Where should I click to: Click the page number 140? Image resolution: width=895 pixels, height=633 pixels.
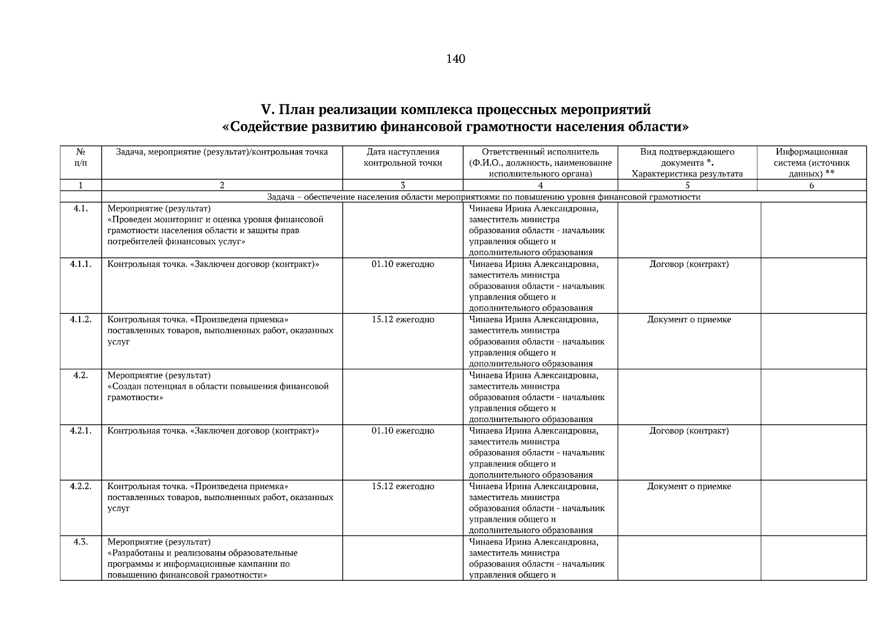tap(455, 59)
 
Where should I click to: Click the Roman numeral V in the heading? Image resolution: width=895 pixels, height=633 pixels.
tap(266, 110)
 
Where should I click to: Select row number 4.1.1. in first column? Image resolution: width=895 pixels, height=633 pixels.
tap(80, 264)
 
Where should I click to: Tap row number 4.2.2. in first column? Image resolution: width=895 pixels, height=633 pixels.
tap(80, 486)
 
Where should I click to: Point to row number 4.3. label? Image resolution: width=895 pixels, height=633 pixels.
tap(80, 542)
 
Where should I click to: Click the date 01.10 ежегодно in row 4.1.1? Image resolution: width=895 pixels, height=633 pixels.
tap(402, 264)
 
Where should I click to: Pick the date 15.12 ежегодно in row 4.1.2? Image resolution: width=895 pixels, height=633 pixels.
tap(402, 320)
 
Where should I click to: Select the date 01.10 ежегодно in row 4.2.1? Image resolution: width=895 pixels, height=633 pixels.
tap(402, 431)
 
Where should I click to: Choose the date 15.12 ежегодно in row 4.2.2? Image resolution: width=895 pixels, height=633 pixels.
tap(402, 486)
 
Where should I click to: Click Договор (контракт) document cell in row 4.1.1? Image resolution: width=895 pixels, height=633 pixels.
tap(689, 264)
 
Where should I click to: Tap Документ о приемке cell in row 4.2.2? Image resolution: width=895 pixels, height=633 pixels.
tap(689, 486)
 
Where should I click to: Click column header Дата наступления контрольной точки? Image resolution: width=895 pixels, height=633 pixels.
tap(402, 158)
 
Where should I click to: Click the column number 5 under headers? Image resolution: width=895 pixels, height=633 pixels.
tap(687, 185)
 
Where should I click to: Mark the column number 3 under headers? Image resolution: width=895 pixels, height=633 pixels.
tap(402, 185)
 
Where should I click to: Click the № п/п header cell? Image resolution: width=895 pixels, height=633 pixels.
tap(81, 157)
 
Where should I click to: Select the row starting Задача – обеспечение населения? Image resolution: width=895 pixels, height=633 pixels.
tap(484, 197)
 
